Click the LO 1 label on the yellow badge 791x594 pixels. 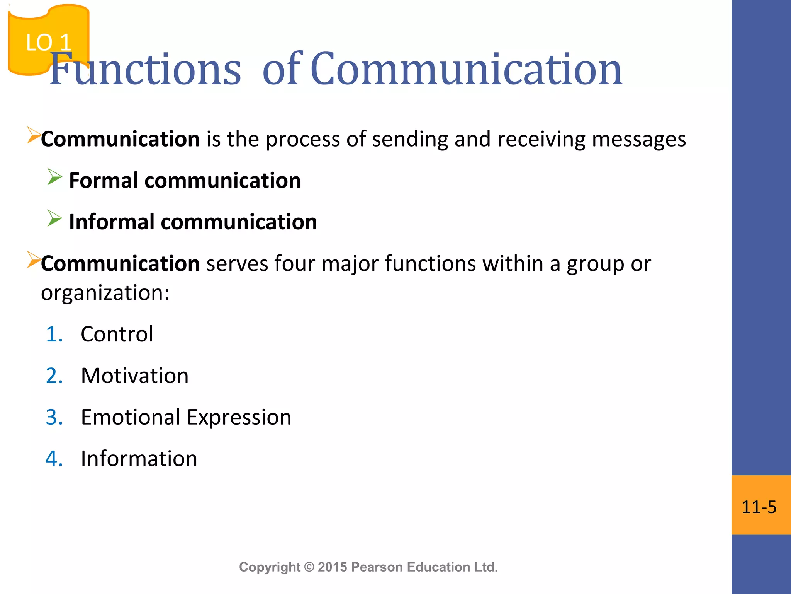(x=49, y=42)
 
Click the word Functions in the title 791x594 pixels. (x=145, y=70)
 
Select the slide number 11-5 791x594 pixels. (x=759, y=507)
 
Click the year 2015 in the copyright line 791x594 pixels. (x=333, y=567)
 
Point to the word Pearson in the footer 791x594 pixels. (x=377, y=567)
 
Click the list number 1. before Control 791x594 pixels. (x=54, y=334)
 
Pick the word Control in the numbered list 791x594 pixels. (x=117, y=334)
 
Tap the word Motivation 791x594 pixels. (x=135, y=376)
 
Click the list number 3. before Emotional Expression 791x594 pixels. (x=54, y=417)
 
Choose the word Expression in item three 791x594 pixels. (x=239, y=417)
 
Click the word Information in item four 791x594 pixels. (x=139, y=459)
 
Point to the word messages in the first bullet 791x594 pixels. (x=639, y=139)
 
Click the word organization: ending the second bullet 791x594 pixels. (x=105, y=293)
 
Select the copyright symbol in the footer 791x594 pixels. (x=309, y=567)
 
